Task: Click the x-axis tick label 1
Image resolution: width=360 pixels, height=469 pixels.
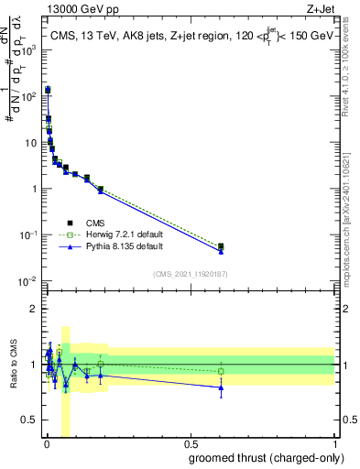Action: tap(335, 444)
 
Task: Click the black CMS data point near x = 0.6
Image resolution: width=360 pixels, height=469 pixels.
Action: tap(221, 245)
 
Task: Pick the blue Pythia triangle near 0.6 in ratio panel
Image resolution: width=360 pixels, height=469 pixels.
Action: tap(221, 387)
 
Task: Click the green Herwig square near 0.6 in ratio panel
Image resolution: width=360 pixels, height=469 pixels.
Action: tap(221, 371)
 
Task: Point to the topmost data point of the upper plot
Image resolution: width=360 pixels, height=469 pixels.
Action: tap(48, 90)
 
